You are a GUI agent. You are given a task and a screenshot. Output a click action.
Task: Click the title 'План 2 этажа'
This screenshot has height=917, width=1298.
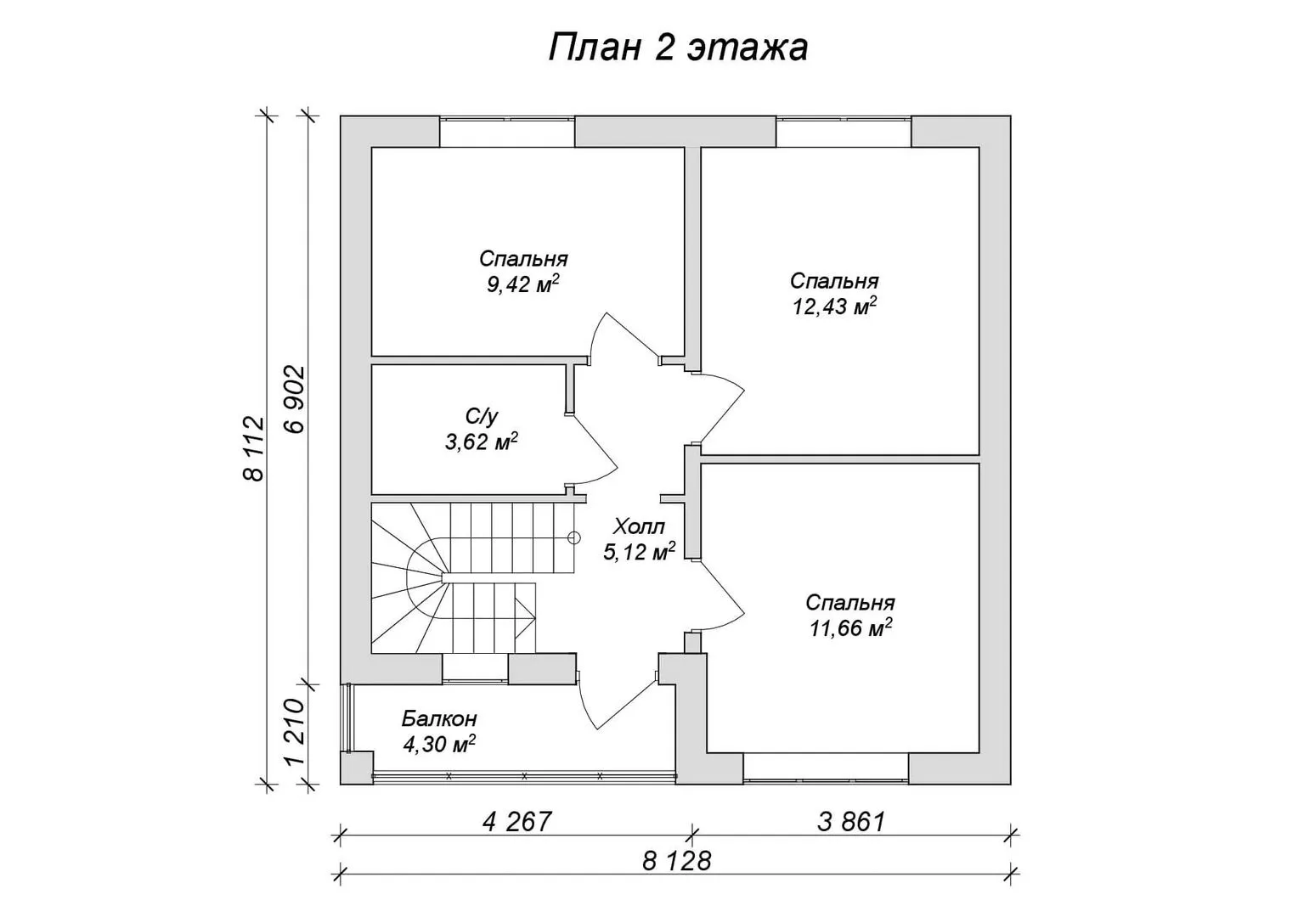click(x=677, y=48)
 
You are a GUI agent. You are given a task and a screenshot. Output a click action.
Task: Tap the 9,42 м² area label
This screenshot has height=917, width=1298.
click(x=522, y=284)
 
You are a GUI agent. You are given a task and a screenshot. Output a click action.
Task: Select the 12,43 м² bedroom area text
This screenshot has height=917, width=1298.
click(x=834, y=306)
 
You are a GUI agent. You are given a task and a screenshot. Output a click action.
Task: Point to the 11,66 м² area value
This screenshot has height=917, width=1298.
click(x=850, y=627)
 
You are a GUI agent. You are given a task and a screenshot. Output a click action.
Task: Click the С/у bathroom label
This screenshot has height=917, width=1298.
click(x=482, y=415)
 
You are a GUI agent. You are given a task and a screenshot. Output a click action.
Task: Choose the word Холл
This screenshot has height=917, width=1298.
click(x=639, y=526)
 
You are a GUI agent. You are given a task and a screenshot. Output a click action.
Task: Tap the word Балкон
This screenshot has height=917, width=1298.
click(x=439, y=719)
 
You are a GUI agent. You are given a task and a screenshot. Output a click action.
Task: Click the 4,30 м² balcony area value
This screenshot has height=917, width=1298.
click(x=439, y=744)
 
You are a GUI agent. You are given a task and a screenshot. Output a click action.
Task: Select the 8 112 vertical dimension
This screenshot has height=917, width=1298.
click(x=254, y=448)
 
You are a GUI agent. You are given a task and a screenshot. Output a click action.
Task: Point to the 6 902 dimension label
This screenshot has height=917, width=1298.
click(x=294, y=399)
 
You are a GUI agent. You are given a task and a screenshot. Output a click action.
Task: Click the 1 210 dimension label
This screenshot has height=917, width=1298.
click(x=294, y=733)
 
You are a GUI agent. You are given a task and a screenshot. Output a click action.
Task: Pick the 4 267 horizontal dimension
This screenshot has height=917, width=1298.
click(x=516, y=821)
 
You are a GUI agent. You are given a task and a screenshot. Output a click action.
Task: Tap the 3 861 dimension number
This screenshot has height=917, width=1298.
click(x=851, y=821)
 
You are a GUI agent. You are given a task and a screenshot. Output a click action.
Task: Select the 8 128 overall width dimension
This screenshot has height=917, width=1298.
click(x=677, y=861)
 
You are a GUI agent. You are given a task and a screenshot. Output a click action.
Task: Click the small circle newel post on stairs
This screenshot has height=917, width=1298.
click(x=573, y=537)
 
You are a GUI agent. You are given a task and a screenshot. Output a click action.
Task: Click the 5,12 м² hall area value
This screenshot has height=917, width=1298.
click(x=639, y=552)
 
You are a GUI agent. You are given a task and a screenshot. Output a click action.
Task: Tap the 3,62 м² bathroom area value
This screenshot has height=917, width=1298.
click(x=482, y=442)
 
